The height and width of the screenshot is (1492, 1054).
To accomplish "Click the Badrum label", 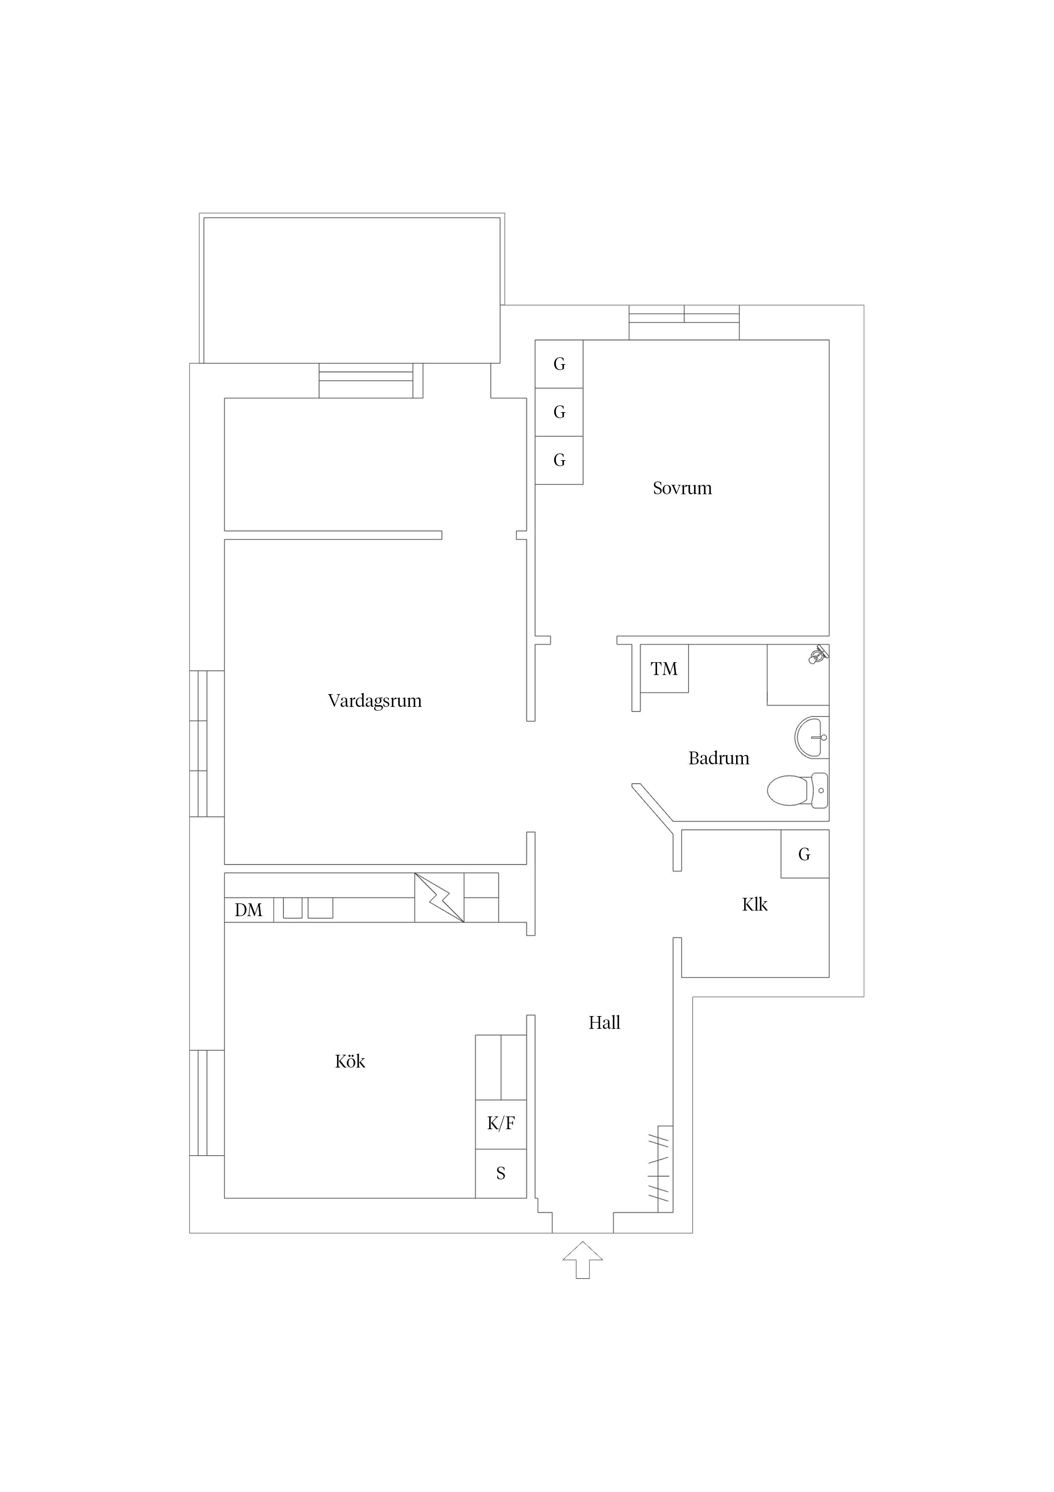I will [718, 758].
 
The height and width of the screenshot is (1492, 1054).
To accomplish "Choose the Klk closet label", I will [755, 905].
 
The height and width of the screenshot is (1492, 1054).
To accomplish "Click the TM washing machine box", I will [664, 669].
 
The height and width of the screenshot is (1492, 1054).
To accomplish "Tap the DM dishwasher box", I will [249, 910].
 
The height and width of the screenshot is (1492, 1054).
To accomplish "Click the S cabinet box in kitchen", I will [501, 1173].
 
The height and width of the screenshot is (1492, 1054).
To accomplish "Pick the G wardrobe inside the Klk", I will [804, 854].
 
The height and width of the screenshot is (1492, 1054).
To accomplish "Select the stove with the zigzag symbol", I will [439, 897].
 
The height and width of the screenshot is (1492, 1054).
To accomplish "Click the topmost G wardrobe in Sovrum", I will [559, 364].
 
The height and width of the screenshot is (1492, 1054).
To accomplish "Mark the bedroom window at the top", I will [684, 322].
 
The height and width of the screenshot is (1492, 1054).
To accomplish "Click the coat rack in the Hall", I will [660, 1168].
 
